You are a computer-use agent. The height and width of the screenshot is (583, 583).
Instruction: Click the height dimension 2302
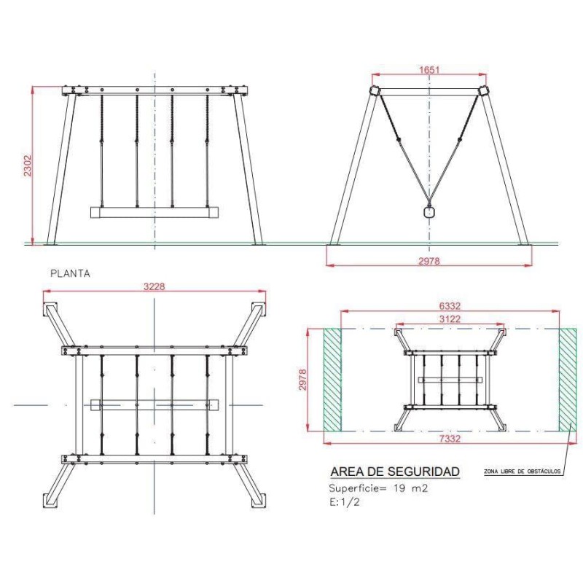[28, 166]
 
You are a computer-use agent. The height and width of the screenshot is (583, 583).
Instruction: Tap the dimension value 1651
[429, 70]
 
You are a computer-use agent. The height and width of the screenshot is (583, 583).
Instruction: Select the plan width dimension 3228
[154, 286]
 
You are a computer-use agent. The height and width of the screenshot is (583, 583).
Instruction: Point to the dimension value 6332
[450, 306]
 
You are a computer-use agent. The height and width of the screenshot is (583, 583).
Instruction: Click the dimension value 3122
[450, 319]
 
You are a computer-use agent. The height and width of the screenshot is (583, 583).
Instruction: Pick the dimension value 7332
[450, 439]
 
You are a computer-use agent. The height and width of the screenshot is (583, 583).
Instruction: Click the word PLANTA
[70, 274]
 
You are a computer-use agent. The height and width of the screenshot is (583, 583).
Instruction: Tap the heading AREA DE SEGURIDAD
[395, 472]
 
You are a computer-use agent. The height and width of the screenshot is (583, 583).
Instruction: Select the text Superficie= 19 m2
[378, 488]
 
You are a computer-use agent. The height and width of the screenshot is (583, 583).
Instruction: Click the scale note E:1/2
[344, 502]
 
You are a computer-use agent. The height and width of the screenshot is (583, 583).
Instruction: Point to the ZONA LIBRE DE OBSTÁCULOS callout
[522, 471]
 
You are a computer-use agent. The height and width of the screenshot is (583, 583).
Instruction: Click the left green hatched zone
[332, 380]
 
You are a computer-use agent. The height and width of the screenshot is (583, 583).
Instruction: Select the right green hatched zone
[568, 380]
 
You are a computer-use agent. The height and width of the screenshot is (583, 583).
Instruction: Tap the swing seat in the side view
[429, 212]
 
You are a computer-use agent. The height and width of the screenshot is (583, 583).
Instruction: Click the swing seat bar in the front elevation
[154, 212]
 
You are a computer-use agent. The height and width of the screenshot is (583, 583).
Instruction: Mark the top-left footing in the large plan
[50, 309]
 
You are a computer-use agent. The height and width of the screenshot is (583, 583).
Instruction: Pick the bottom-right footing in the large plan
[259, 500]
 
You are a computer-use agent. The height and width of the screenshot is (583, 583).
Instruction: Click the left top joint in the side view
[374, 91]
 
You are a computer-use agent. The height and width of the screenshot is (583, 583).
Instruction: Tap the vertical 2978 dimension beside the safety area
[302, 380]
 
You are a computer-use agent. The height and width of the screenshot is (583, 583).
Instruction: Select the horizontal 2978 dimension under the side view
[429, 261]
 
